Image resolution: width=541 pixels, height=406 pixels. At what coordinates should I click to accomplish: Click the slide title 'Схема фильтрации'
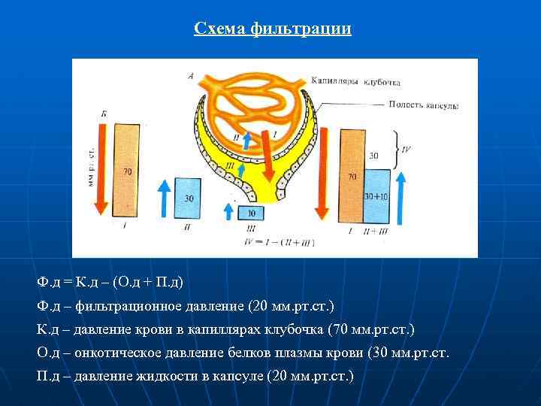coord(272,29)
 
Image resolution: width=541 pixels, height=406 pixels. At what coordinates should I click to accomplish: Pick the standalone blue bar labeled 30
coord(188,199)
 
